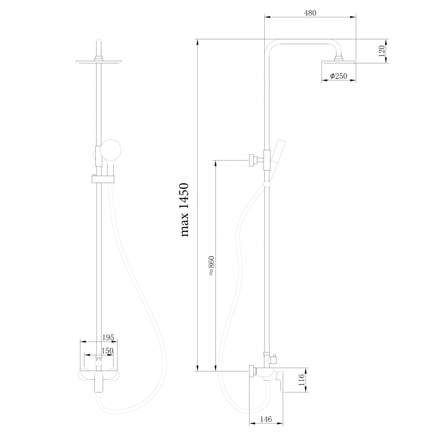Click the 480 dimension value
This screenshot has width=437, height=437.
[310, 13]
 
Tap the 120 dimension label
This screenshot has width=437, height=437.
[382, 51]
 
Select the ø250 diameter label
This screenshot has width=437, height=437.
[339, 76]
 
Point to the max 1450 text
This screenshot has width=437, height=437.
[184, 210]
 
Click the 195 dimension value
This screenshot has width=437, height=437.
[108, 337]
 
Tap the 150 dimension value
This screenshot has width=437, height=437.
[107, 350]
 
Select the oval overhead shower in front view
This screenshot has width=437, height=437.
[99, 62]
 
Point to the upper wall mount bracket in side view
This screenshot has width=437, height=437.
[253, 160]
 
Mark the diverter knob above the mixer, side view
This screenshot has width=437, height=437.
[274, 359]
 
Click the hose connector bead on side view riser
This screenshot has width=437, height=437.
[267, 185]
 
